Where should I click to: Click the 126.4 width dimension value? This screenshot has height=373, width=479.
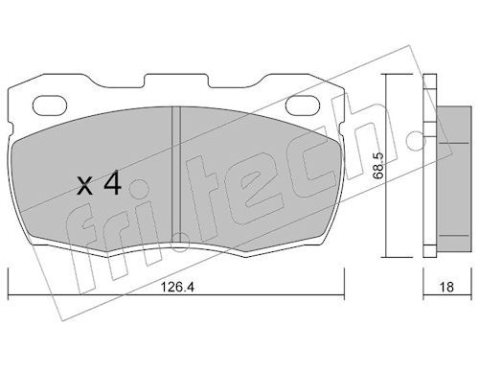click(x=177, y=287)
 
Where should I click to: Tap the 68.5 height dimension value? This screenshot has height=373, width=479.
click(x=379, y=165)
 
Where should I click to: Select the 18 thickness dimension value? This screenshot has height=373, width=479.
click(x=446, y=287)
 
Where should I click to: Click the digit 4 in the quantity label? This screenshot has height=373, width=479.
click(x=113, y=182)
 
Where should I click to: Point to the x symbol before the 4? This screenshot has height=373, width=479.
click(x=85, y=187)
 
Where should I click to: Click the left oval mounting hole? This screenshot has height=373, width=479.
click(x=50, y=105)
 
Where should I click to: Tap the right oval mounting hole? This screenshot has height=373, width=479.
click(x=303, y=105)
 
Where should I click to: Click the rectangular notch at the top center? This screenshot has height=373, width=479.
click(x=176, y=81)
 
